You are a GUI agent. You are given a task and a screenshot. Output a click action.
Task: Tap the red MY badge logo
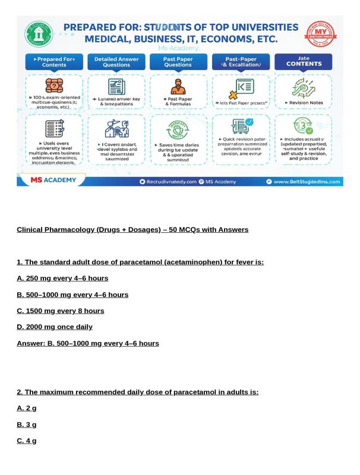click(x=320, y=34)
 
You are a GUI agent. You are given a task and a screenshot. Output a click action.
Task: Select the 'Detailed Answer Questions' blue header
click(x=116, y=62)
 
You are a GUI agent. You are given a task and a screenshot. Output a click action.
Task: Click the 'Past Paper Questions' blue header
click(x=178, y=62)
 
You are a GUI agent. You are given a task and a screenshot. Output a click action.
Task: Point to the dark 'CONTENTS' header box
click(x=304, y=62)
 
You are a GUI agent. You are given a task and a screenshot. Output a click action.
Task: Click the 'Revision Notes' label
click(x=304, y=103)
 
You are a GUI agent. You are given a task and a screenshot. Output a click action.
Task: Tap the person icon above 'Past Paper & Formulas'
click(x=178, y=87)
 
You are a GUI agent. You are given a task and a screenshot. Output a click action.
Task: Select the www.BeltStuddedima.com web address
click(x=307, y=182)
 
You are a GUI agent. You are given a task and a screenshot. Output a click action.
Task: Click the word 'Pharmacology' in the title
click(x=68, y=230)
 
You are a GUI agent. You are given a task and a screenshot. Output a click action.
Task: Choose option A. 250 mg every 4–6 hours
click(x=62, y=278)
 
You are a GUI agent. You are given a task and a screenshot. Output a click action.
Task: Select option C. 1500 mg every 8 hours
click(x=60, y=311)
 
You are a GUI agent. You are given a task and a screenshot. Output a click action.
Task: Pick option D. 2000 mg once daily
click(x=55, y=327)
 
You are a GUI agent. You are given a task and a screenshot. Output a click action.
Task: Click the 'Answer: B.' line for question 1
click(x=87, y=343)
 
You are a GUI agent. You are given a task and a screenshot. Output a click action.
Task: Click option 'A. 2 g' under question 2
click(x=26, y=408)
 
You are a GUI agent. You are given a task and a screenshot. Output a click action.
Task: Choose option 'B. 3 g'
click(x=26, y=425)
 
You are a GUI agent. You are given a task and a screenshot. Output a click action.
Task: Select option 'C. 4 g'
click(x=26, y=441)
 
